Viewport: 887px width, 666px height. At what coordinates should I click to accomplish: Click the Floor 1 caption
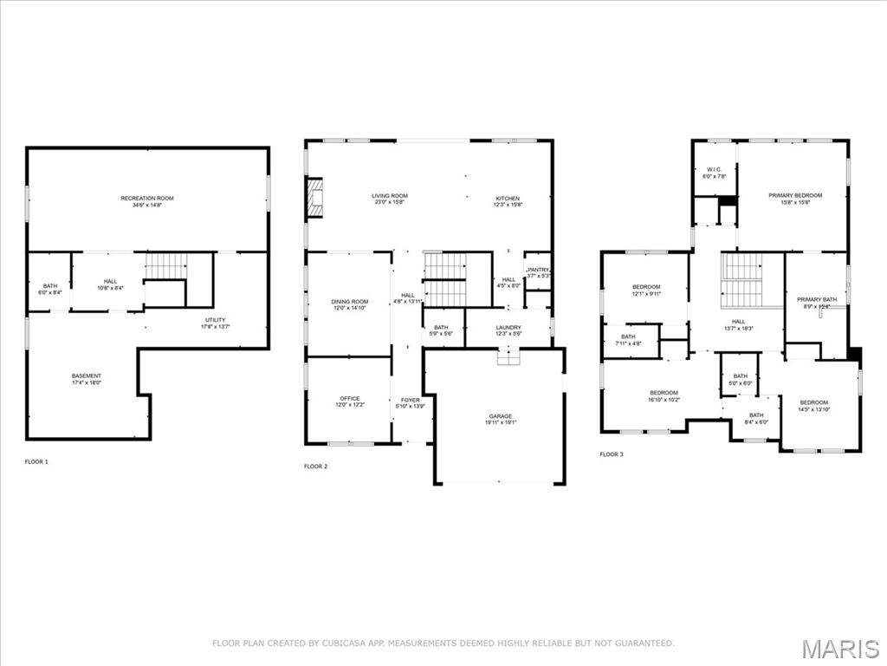click(x=36, y=461)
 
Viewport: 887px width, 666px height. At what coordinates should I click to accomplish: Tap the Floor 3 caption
click(x=612, y=454)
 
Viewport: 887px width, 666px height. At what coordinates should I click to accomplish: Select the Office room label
click(x=350, y=402)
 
